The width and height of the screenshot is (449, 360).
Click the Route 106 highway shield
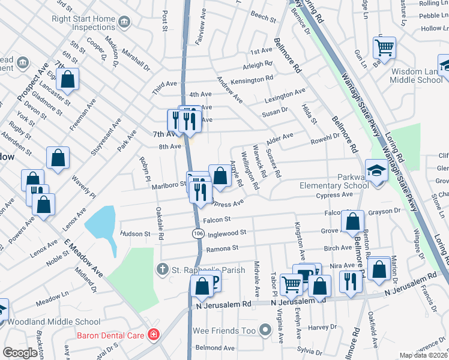(197, 232)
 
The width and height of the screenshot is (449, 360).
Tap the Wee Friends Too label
(225, 331)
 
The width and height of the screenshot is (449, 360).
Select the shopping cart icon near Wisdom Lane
(384, 47)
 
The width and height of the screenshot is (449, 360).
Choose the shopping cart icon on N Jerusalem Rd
(291, 284)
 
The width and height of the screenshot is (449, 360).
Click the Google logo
(20, 353)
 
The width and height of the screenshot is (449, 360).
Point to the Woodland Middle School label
(54, 322)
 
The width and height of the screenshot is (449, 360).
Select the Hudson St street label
(134, 233)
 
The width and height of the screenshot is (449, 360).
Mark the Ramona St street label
(222, 248)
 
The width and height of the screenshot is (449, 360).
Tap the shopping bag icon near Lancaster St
(68, 79)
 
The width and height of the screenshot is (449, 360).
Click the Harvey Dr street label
(323, 327)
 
